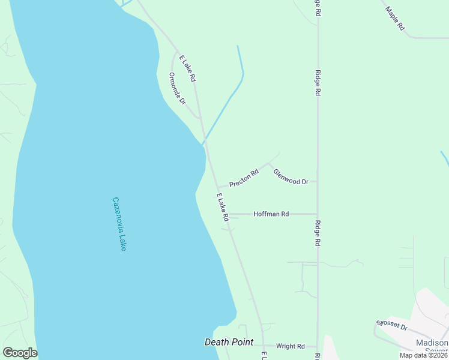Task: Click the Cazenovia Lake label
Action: pos(119,224)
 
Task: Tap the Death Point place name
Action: pos(228,342)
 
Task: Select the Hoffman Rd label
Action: pos(271,214)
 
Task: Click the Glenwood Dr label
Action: pos(291,176)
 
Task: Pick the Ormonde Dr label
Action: pos(177,88)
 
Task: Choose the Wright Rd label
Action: pos(291,346)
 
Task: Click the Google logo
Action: pos(20,353)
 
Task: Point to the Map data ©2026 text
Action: pos(423,355)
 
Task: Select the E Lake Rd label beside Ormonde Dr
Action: pos(187,69)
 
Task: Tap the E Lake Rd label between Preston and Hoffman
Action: pos(222,207)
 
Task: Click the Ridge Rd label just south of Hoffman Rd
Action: pos(318,234)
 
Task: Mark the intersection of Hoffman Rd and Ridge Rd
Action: pos(318,214)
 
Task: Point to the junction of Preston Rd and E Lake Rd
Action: pos(218,187)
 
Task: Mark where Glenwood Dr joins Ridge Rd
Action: pos(318,181)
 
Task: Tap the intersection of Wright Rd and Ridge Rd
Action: pos(318,346)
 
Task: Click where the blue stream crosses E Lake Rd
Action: pos(205,143)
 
